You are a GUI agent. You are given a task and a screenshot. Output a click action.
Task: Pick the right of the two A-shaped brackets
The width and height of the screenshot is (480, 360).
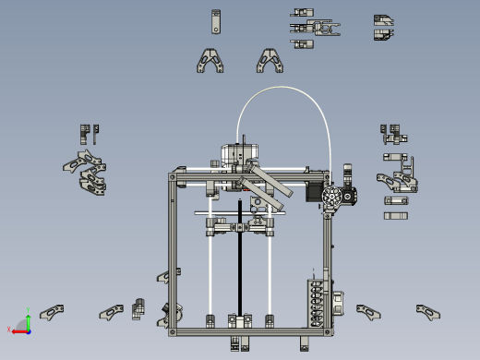coord(269,61)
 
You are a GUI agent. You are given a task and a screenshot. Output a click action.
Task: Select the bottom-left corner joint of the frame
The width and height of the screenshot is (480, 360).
coord(172,330)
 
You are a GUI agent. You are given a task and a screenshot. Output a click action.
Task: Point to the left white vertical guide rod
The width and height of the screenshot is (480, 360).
coord(211,272)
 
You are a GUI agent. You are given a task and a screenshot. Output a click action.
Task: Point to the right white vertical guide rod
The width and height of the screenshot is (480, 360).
coord(270,272)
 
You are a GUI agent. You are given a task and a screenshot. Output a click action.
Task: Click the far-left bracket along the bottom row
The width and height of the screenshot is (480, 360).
coord(52,312)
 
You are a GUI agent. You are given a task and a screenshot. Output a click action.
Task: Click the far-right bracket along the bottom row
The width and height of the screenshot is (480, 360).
coord(426,311)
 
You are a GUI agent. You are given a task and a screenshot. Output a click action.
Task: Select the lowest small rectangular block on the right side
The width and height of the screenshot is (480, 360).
coord(396,216)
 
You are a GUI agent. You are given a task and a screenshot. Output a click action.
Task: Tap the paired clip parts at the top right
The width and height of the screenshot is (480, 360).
coord(384,28)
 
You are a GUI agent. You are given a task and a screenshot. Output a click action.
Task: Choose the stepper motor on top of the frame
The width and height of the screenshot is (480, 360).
coord(237,154)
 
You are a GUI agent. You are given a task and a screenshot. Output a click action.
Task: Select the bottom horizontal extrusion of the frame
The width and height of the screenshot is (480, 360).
coord(249,330)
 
